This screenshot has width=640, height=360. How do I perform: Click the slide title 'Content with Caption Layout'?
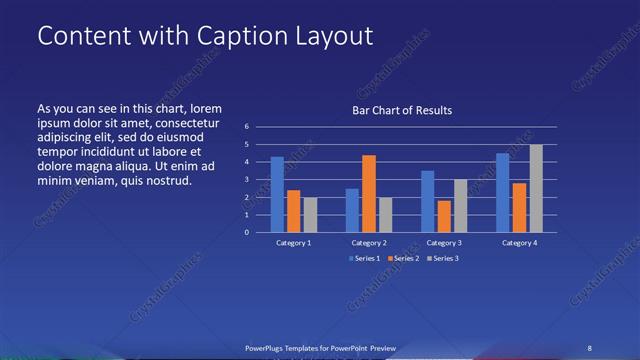(x=205, y=36)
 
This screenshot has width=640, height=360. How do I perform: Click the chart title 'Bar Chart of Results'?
(x=402, y=110)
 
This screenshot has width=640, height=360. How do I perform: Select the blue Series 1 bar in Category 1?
(x=277, y=194)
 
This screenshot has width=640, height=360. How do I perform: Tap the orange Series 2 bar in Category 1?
(x=293, y=211)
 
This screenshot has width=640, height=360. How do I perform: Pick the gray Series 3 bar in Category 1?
(x=310, y=214)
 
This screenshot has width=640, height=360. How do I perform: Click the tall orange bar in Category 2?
(x=369, y=193)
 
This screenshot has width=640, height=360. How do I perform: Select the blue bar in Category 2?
(x=352, y=210)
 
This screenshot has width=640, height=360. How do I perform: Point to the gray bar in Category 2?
(x=386, y=214)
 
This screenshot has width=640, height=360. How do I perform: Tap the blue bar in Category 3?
(x=428, y=201)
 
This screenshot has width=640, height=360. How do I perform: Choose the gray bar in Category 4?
(x=536, y=188)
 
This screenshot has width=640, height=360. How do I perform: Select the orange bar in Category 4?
(x=520, y=207)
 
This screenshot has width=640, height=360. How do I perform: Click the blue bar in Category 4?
(x=503, y=192)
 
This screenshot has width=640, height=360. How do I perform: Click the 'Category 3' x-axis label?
(x=443, y=243)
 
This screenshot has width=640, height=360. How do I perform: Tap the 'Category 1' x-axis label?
(x=293, y=243)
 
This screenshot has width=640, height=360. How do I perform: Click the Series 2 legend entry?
(x=402, y=258)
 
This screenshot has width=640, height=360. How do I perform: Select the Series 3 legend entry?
(x=443, y=258)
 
